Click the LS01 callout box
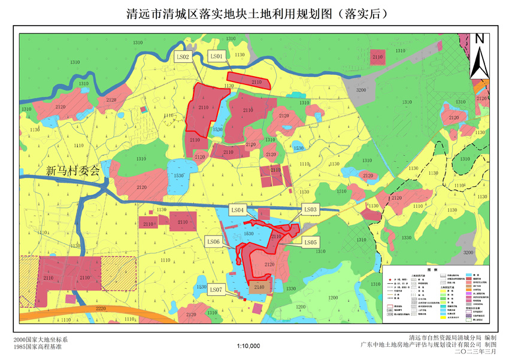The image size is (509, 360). coord(216,56)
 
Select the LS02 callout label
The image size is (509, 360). coord(183,57)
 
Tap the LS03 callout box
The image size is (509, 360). coord(310,210)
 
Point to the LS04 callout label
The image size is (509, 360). coord(238,210)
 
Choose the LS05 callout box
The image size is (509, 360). coord(310,242)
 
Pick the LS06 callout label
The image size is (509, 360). coord(213,241)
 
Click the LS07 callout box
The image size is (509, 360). coord(217,289)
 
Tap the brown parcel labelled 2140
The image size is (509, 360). coord(259,288)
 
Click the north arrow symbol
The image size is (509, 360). coord(479,56)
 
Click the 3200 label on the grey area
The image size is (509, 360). coord(360,89)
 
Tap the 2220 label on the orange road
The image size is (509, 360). coord(100,308)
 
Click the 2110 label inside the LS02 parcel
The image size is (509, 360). coord(204,107)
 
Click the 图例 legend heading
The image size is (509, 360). coord(435,270)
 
